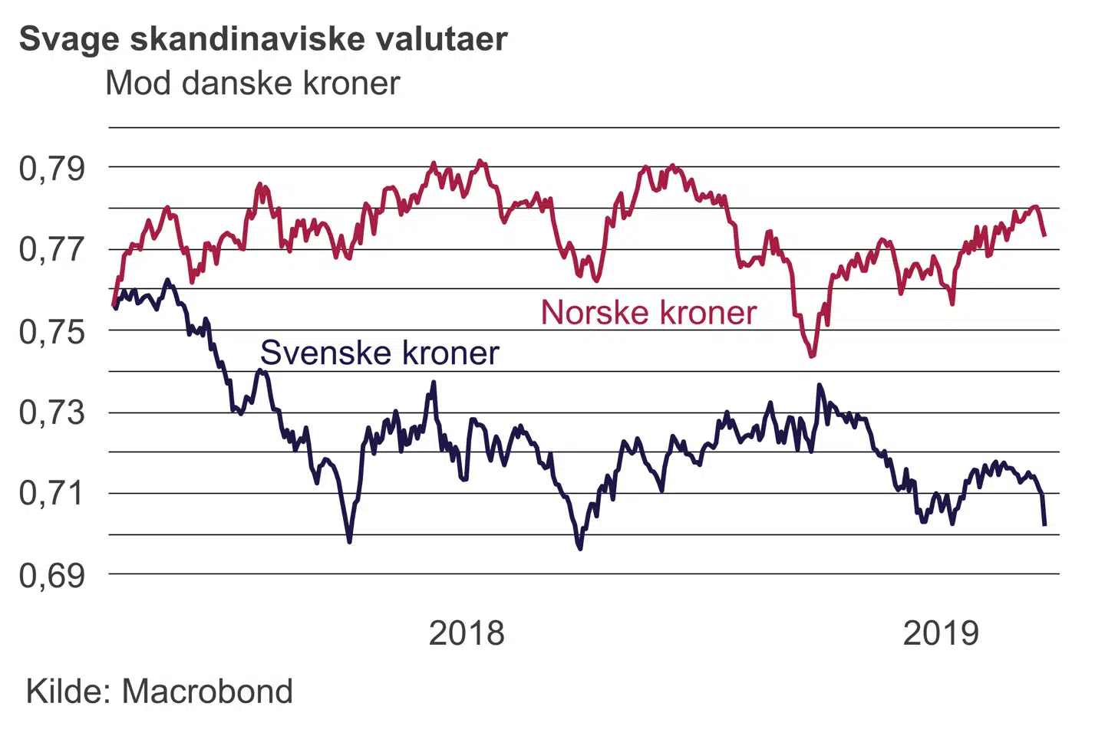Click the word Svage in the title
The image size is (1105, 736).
point(68,40)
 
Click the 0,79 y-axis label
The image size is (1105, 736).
point(52,169)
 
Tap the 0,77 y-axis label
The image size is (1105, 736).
point(52,250)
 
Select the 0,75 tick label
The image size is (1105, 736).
point(52,332)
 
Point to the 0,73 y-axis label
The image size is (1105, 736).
point(52,412)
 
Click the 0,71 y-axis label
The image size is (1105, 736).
point(52,493)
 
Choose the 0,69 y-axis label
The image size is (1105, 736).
point(52,575)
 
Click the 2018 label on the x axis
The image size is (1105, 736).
point(467,633)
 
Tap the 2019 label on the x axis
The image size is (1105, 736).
point(941,633)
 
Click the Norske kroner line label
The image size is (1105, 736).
point(648,313)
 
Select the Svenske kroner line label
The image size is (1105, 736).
point(380,353)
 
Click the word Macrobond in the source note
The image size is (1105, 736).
point(207,692)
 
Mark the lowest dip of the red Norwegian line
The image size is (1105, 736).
point(812,356)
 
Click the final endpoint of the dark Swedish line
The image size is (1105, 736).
point(1044,524)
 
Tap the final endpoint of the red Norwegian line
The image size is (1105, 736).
point(1044,235)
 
